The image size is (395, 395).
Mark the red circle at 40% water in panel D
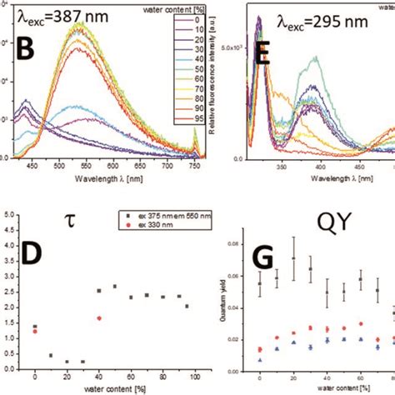(100, 317)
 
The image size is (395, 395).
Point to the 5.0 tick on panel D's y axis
(9, 213)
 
